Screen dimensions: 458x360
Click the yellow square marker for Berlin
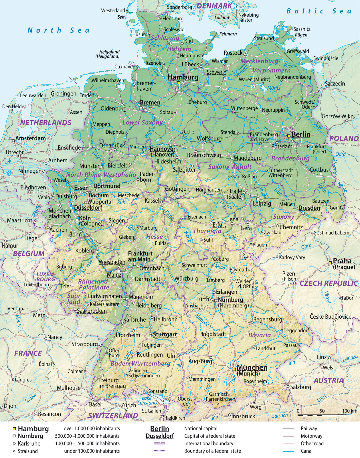point(289,136)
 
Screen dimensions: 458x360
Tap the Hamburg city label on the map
point(183,77)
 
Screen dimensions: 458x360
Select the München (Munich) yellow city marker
point(234,369)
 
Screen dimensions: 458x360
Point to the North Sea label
point(58,30)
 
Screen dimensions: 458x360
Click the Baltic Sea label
point(319,11)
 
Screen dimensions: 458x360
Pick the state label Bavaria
point(259,335)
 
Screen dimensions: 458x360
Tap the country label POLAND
point(344,139)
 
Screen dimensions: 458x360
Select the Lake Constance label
point(148,400)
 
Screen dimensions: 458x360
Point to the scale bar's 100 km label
point(349,411)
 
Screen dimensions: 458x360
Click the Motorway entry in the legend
point(311,436)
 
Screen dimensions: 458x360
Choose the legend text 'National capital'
point(201,429)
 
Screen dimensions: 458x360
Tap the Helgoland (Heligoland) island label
point(108,54)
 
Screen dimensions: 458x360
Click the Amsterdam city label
point(30,139)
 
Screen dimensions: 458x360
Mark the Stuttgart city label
point(165,334)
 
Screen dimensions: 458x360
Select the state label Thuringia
point(207,231)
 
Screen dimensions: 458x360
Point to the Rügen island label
point(301,35)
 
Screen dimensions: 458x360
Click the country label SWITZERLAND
point(113,415)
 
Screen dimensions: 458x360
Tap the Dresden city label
point(309,208)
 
